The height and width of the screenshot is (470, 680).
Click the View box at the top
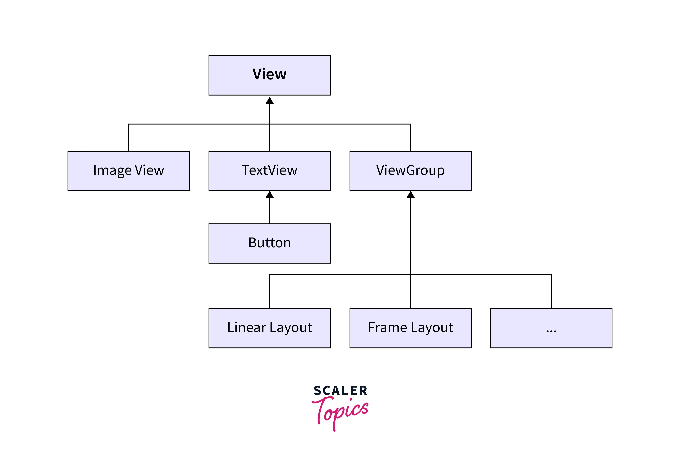(269, 75)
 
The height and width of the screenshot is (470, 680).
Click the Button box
(269, 243)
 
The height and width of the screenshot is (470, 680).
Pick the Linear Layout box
(269, 328)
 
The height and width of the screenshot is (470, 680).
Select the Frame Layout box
(410, 328)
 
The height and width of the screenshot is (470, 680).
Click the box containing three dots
(551, 328)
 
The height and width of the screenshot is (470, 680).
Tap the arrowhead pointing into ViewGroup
(410, 195)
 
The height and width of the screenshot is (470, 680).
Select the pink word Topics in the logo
(342, 411)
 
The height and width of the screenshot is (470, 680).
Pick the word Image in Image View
(112, 171)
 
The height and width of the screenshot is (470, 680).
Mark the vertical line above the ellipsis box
(551, 291)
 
